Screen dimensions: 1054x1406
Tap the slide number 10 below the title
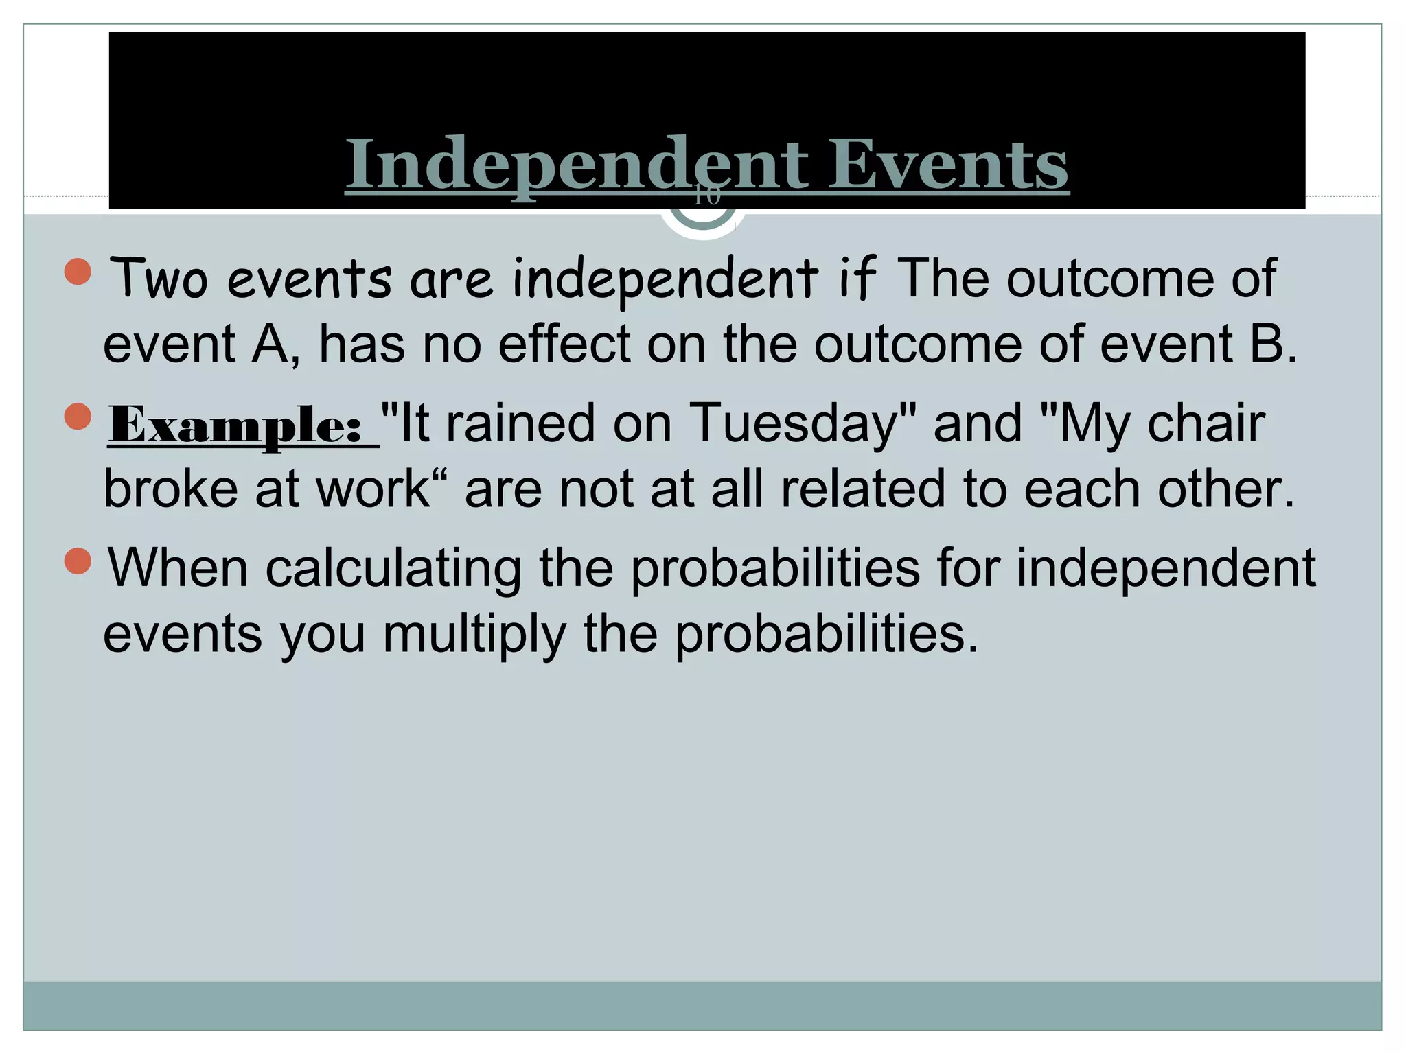(x=706, y=196)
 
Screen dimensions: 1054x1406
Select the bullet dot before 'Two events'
(x=78, y=271)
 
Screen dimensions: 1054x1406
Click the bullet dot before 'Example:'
(x=78, y=416)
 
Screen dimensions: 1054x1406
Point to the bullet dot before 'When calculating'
(x=78, y=561)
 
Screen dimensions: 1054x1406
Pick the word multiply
(x=474, y=634)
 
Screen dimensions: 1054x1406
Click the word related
(x=864, y=489)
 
